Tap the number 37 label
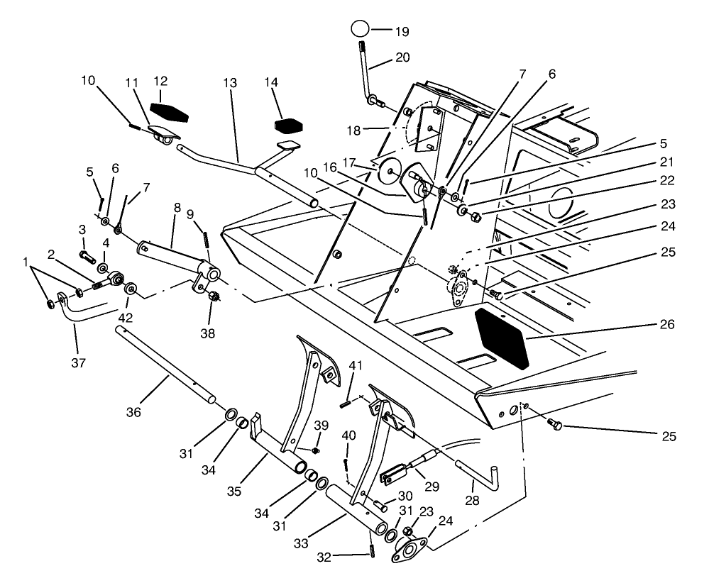[x=79, y=362]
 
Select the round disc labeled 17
[x=388, y=172]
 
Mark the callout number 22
[x=666, y=181]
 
